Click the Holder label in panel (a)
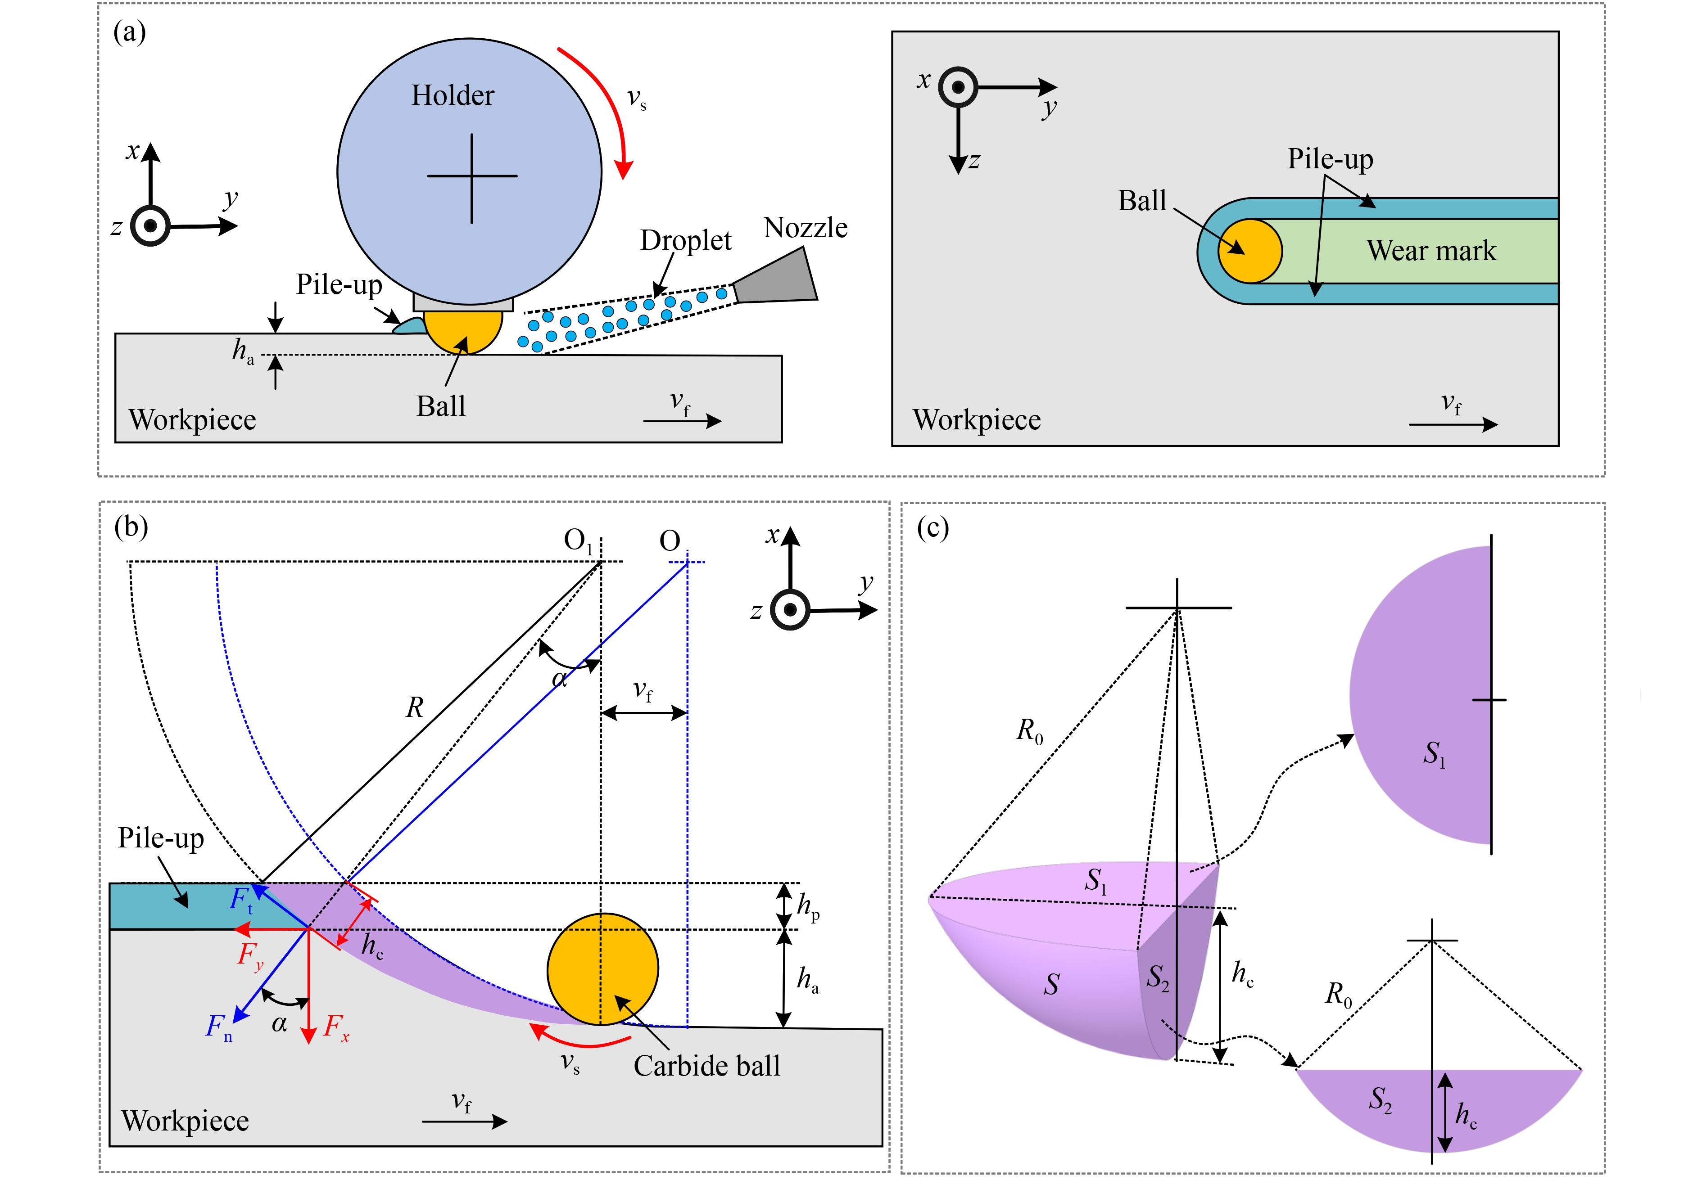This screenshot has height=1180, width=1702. pos(452,95)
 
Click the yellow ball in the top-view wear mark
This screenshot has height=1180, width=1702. pos(1249,251)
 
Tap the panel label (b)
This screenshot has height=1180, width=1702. pos(131,527)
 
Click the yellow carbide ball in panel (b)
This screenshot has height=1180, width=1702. pos(603,968)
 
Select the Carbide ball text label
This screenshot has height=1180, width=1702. pos(706,1065)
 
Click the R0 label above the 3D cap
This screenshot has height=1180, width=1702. pos(1029,730)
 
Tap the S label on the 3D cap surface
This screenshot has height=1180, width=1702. pos(1051,984)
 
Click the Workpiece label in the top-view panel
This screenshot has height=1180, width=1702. pos(976,420)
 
